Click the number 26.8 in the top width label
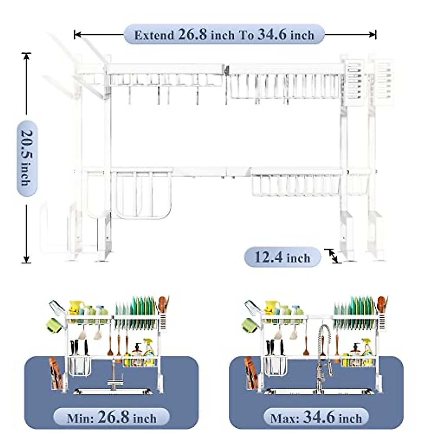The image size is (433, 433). (192, 35)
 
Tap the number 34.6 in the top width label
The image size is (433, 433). (272, 35)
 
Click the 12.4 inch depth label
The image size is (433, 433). (282, 257)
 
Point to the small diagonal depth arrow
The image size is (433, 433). (333, 256)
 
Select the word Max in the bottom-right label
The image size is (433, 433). (284, 418)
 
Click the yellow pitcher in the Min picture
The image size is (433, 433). (75, 307)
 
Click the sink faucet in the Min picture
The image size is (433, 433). (114, 377)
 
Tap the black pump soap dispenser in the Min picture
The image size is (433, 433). (137, 350)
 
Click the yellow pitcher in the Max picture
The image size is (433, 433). (270, 307)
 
